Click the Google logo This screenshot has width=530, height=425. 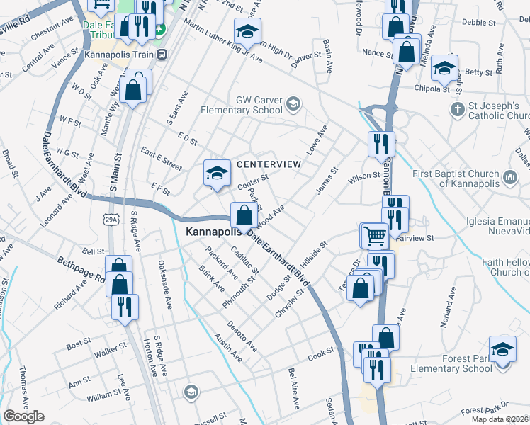23,416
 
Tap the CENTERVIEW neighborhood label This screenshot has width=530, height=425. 269,164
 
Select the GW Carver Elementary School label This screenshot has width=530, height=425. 241,106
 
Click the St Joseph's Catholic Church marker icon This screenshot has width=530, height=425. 458,110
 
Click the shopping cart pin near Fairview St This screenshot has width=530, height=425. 375,234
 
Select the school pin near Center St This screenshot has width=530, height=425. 218,173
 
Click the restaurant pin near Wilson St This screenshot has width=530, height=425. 381,144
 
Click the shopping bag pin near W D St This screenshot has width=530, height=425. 133,89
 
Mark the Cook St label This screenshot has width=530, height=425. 320,352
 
